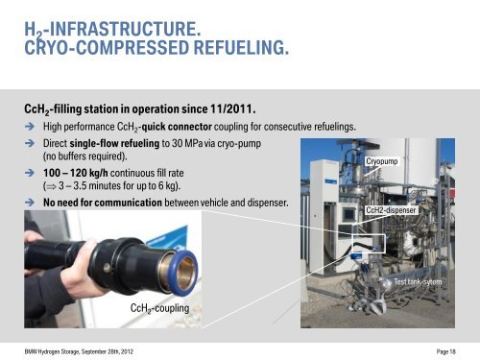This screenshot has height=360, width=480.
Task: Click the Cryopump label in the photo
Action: pos(382,162)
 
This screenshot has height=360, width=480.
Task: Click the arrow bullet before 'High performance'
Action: pos(30,126)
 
